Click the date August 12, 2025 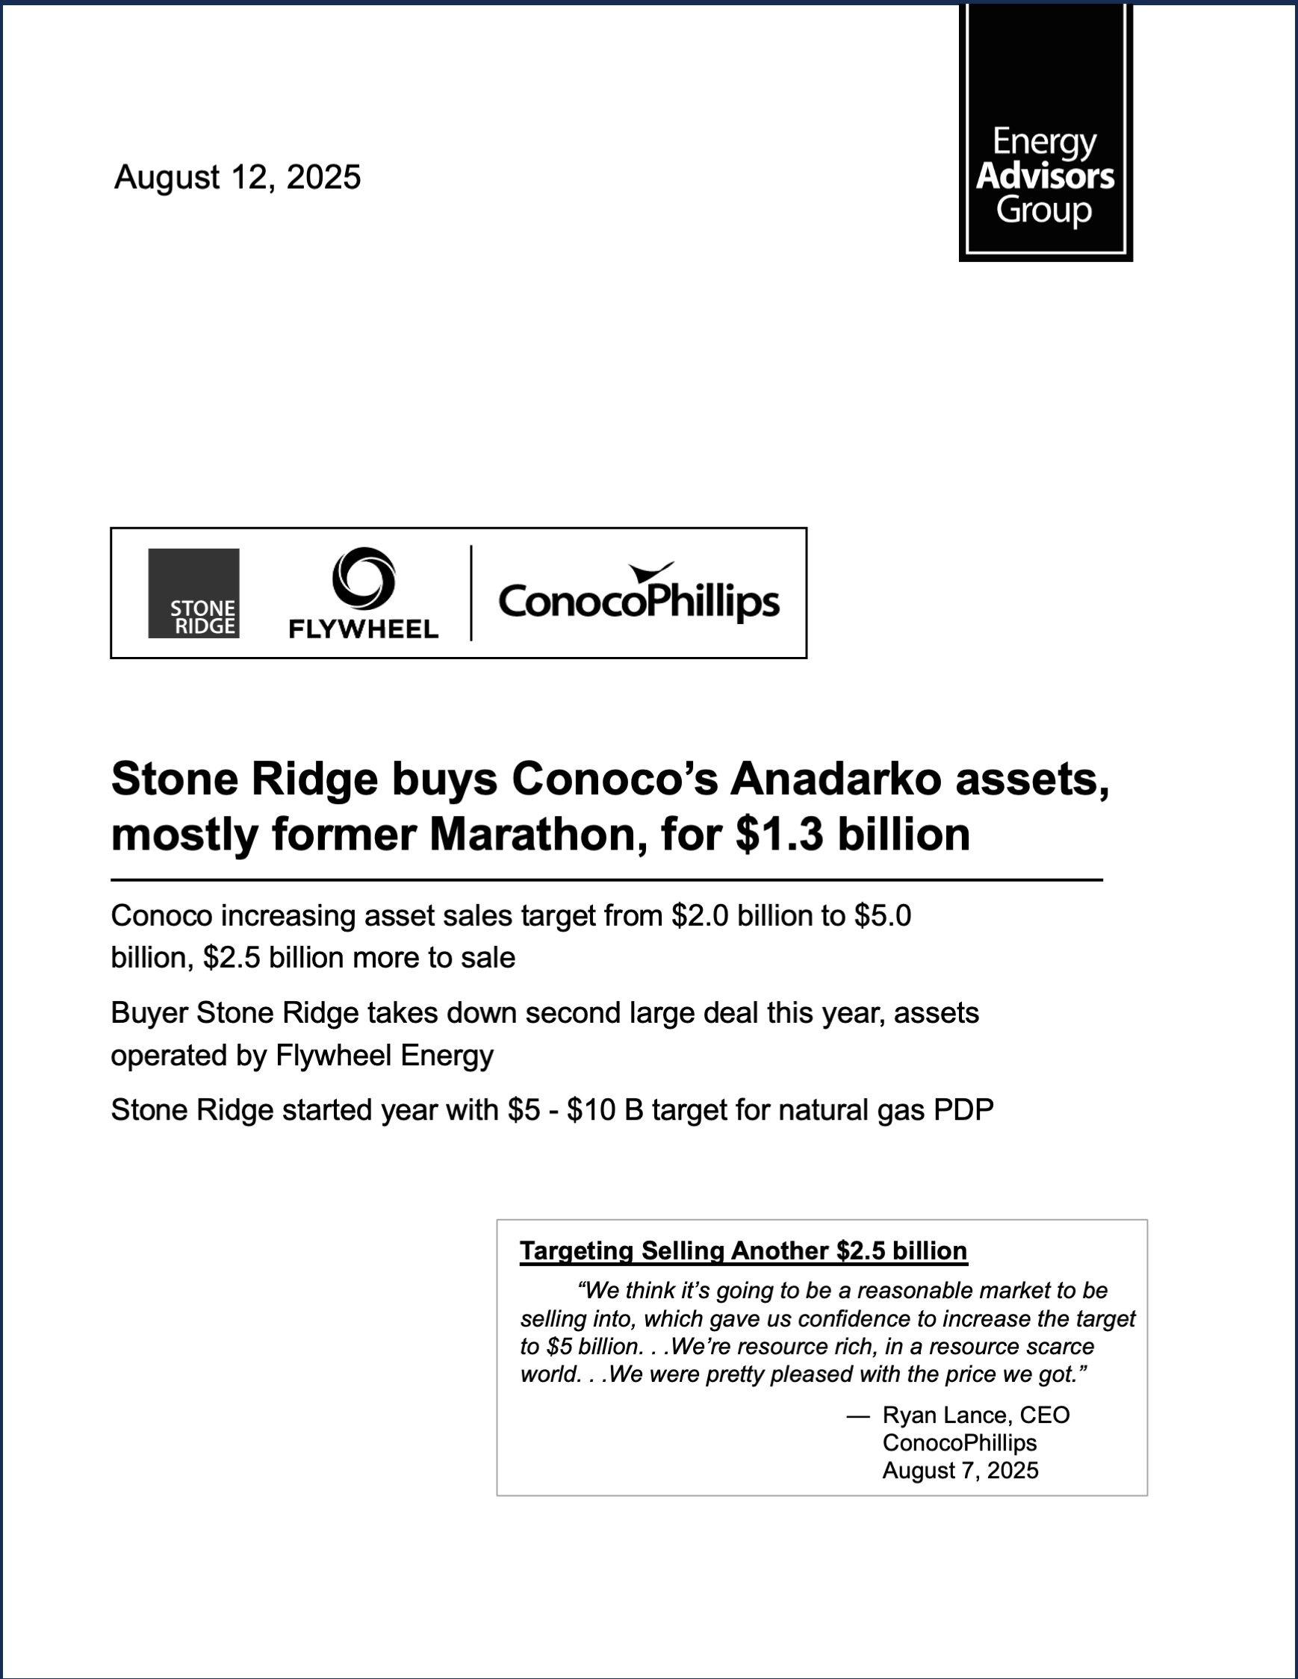click(237, 177)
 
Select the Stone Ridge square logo click(193, 593)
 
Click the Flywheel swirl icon click(363, 577)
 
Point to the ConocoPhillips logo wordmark click(639, 600)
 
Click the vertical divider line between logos click(471, 593)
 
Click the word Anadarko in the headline click(835, 779)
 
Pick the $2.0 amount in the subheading click(700, 915)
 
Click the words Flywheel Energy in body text click(384, 1056)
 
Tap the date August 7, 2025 click(960, 1470)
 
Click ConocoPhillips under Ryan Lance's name click(960, 1442)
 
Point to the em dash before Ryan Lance click(857, 1415)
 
